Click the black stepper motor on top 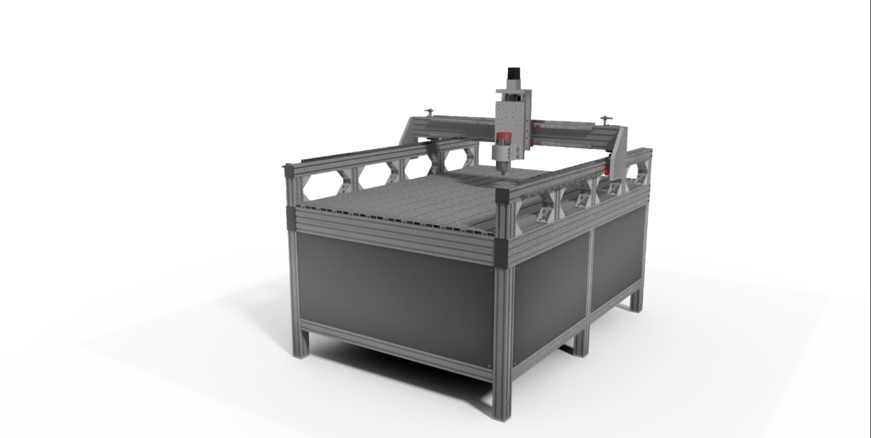[x=513, y=76]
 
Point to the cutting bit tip [x=503, y=171]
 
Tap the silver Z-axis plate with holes [x=512, y=115]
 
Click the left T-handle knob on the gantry [x=429, y=111]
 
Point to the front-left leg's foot [x=300, y=348]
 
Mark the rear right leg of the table [x=636, y=299]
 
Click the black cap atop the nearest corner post [x=502, y=195]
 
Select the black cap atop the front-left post [x=289, y=171]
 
